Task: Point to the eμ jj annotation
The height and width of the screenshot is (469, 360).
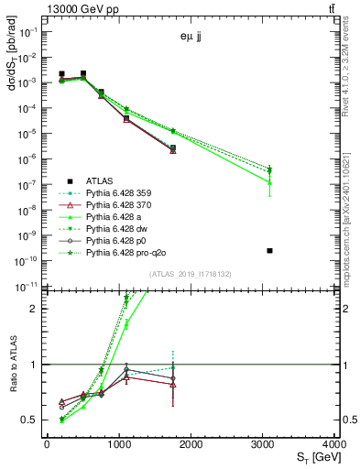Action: [193, 38]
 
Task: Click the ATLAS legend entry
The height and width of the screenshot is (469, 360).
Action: [101, 180]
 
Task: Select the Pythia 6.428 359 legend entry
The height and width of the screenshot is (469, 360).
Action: [125, 193]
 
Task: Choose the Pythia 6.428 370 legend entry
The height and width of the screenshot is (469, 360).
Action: [125, 205]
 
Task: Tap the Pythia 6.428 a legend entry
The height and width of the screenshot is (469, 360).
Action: [119, 217]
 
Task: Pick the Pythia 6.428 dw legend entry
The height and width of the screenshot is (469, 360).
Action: [123, 229]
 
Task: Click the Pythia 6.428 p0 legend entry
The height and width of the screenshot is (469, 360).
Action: [122, 241]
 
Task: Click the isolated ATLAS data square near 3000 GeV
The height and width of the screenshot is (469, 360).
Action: [269, 250]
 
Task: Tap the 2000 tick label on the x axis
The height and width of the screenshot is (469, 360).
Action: [191, 443]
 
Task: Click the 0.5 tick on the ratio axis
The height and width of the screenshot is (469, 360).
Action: [34, 420]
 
